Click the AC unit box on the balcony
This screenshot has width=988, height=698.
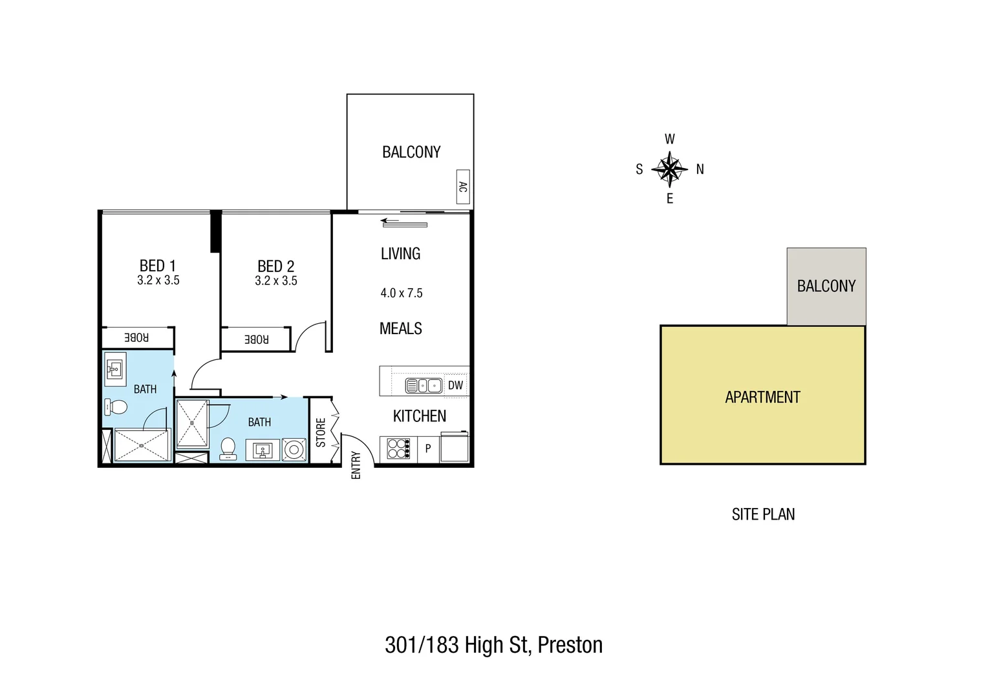click(462, 187)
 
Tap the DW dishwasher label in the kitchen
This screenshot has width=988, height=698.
click(455, 385)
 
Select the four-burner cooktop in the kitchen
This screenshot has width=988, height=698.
click(398, 449)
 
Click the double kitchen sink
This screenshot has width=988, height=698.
click(424, 386)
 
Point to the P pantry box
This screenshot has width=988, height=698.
click(428, 449)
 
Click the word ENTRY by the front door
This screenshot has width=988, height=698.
click(356, 465)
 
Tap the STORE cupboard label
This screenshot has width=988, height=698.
click(321, 432)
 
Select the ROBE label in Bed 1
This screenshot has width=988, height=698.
click(136, 337)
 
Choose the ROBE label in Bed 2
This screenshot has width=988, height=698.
click(256, 339)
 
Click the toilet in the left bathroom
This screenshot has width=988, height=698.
click(116, 407)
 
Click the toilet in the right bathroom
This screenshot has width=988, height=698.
click(228, 447)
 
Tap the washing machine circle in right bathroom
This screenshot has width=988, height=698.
click(294, 449)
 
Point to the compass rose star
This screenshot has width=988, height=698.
click(669, 169)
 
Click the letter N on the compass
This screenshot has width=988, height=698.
click(700, 169)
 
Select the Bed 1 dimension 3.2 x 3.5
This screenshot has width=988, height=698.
click(158, 280)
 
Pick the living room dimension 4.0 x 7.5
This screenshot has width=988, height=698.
click(402, 293)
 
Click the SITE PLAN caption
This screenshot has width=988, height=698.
click(763, 514)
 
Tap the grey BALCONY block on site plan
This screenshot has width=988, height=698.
click(826, 286)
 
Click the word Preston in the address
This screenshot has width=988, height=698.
click(570, 645)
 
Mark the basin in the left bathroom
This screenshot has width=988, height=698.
click(115, 369)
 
